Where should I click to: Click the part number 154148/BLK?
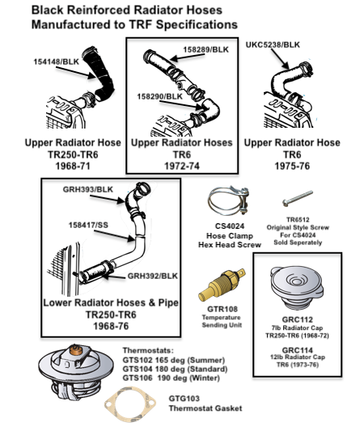coord(56,61)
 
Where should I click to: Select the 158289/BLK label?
coord(205,49)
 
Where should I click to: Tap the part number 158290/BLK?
coord(159,96)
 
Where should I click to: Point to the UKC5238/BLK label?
coord(273,44)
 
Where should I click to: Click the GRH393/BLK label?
coord(88,189)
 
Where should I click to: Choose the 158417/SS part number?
coord(88,225)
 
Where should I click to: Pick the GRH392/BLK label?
coord(152,276)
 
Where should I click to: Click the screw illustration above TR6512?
coord(298,198)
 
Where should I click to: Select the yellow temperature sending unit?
coord(222,284)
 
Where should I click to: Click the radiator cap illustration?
coord(297,287)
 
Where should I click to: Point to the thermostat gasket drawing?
coord(130,403)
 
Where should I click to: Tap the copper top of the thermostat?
coord(76,350)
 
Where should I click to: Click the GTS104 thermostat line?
coord(175,370)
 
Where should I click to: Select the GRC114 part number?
coord(297,350)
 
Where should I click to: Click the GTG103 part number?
coord(184,399)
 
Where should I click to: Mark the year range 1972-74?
coord(182,166)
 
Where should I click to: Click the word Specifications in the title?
coord(197,25)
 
